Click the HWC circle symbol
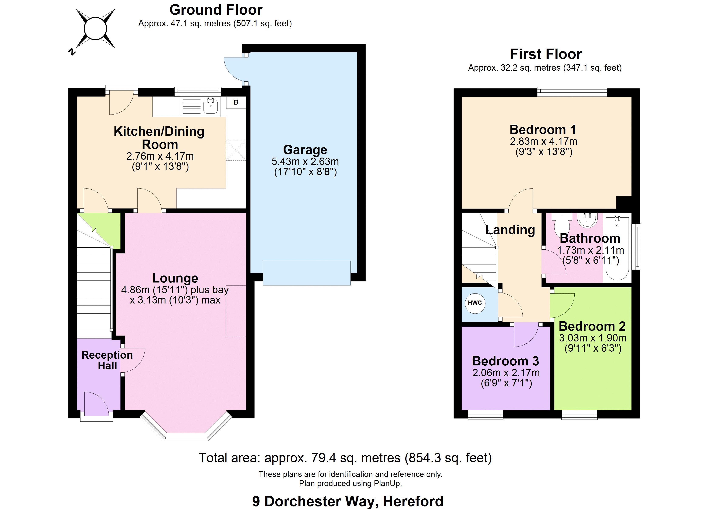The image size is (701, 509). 475,303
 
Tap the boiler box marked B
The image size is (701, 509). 236,102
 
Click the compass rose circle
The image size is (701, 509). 95,29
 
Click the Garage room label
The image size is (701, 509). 305,150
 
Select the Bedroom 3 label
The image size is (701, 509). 506,361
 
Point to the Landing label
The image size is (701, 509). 510,230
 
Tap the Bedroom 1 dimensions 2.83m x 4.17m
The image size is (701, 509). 544,141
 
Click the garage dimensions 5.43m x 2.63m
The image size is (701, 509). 305,161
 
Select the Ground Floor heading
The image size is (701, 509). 216,10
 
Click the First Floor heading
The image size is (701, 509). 546,54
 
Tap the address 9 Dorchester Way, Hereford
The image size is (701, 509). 348,501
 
